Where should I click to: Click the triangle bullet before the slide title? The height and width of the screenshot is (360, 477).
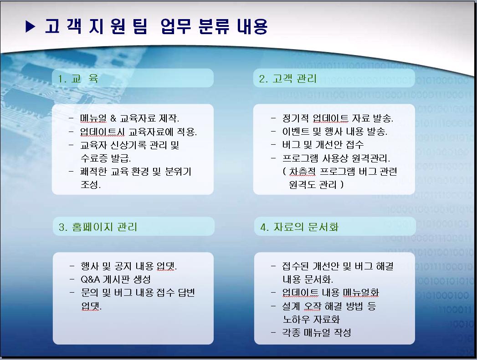click(x=31, y=26)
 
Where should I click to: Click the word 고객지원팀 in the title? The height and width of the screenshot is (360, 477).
click(x=96, y=26)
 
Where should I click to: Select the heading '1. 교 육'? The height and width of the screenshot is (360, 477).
click(x=78, y=79)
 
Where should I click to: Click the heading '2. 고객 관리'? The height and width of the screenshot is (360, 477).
click(x=288, y=79)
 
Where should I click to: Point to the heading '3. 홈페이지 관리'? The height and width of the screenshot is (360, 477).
click(x=98, y=227)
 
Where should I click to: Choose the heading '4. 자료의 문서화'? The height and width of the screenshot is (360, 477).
click(x=299, y=227)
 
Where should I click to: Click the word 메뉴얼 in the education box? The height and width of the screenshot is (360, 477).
click(x=93, y=118)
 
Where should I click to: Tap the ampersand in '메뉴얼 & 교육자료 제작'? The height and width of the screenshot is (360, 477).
click(x=113, y=118)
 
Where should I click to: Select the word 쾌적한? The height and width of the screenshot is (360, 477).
click(x=93, y=171)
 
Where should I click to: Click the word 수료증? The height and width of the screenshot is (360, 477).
click(x=94, y=158)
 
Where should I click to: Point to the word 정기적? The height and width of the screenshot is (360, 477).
click(x=295, y=118)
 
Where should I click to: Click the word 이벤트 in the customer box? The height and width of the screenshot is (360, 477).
click(x=295, y=131)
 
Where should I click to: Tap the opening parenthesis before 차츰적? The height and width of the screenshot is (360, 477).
click(x=284, y=171)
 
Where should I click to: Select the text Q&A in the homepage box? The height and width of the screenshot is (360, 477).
click(x=90, y=279)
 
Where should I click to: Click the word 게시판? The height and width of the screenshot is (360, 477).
click(x=117, y=279)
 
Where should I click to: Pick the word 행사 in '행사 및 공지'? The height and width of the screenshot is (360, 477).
click(x=89, y=266)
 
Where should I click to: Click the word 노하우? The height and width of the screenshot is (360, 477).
click(x=296, y=319)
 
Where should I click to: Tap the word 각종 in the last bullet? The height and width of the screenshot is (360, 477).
click(x=292, y=332)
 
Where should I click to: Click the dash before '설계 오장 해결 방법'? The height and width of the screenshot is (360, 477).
click(x=273, y=306)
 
